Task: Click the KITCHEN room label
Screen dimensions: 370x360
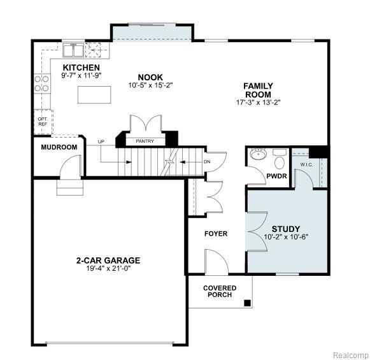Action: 81,68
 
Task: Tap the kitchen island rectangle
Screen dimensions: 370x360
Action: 94,95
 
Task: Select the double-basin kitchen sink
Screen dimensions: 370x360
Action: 73,50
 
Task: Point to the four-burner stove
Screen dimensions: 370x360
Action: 41,83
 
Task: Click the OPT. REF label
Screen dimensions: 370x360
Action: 43,122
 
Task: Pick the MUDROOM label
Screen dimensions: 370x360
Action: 59,147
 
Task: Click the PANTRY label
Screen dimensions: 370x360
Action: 145,141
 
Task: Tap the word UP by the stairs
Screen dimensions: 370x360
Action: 101,141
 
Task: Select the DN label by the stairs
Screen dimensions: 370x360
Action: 207,162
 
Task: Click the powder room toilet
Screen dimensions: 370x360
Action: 280,159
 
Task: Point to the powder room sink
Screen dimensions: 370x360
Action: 258,154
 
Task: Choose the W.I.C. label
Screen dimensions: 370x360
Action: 306,165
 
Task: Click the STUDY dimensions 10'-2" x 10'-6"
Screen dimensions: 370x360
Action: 286,237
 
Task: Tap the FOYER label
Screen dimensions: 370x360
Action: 216,234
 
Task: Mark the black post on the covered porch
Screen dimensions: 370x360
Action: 247,303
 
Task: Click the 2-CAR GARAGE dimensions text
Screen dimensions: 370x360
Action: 108,268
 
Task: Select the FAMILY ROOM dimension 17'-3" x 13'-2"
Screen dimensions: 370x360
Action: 259,103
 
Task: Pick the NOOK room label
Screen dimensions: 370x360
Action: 150,78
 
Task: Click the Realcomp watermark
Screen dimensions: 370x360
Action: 351,355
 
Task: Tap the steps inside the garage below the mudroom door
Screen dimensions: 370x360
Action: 70,187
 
